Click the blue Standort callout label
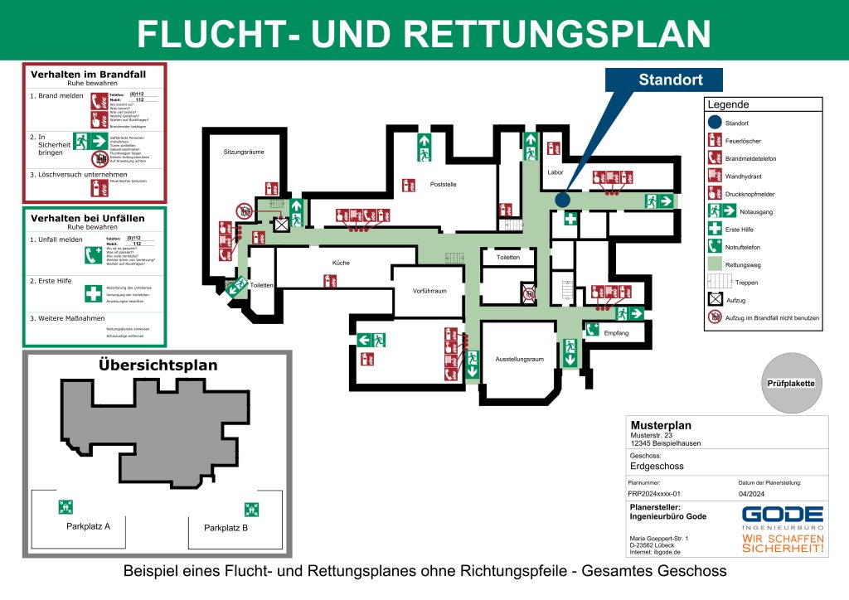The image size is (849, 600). click(670, 80)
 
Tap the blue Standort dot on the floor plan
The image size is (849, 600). click(562, 200)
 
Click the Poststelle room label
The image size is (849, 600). click(444, 184)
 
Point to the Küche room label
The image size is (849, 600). click(341, 263)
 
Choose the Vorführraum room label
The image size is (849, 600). click(429, 291)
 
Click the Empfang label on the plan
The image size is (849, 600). click(617, 333)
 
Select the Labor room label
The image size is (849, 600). click(555, 172)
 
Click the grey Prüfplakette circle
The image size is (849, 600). click(793, 383)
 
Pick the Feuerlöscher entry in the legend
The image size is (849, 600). click(743, 141)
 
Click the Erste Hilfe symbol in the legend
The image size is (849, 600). click(715, 229)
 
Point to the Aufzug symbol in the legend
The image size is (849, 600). click(715, 299)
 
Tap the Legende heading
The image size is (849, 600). click(728, 105)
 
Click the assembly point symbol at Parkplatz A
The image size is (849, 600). click(66, 507)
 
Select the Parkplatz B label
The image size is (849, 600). click(226, 528)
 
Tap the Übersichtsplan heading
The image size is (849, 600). click(158, 365)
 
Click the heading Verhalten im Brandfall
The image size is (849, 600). click(87, 74)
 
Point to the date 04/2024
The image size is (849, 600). click(751, 492)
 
